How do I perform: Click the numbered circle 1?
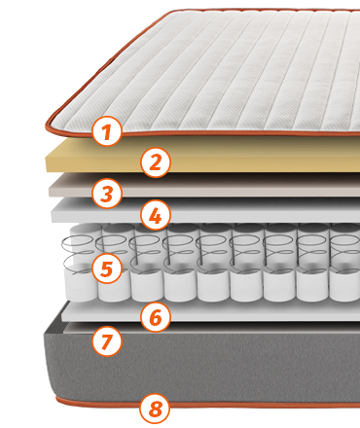coord(107,131)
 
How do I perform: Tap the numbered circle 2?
coord(156,162)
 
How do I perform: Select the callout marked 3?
coord(107,194)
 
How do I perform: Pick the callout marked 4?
coord(156,215)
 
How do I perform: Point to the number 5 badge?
coord(107,268)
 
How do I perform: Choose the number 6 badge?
coord(156,316)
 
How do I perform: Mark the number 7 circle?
coord(107,340)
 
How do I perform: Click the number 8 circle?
coord(156,409)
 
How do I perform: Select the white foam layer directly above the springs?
coord(227,211)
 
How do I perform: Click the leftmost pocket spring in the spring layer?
coord(81,263)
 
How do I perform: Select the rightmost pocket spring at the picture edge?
coord(345,263)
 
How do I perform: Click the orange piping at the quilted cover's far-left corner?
coord(49,125)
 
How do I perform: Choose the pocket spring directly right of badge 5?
coord(147,263)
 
